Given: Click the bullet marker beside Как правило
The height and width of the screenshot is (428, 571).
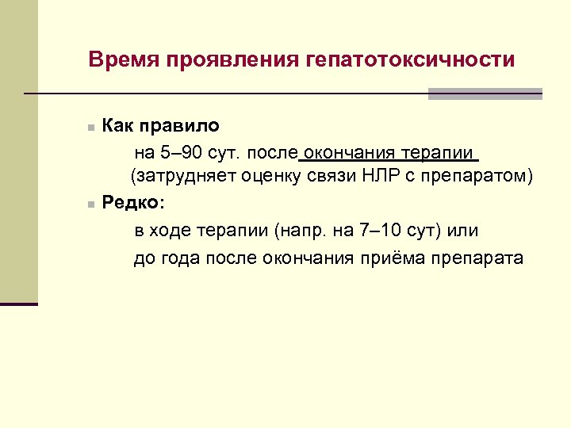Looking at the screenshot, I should [91, 127].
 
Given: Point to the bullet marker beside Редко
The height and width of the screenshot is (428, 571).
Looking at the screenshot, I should [91, 204].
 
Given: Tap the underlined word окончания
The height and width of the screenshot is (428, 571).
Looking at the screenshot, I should [351, 151].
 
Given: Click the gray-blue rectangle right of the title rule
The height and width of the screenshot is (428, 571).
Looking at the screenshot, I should [485, 94].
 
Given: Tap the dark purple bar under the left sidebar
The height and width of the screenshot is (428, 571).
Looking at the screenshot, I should [19, 304].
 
